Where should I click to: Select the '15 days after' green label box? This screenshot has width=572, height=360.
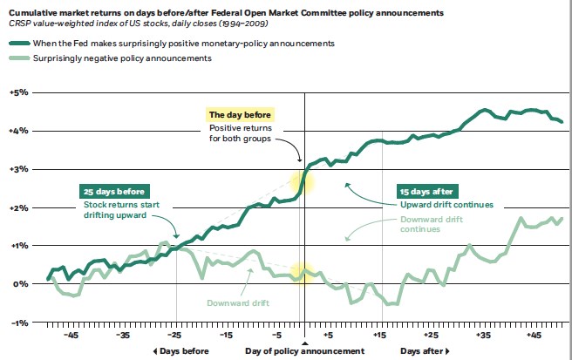click(427, 192)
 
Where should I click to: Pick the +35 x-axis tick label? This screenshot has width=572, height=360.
click(483, 335)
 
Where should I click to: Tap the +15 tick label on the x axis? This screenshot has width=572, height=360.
click(379, 335)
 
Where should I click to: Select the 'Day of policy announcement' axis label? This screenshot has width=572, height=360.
click(304, 350)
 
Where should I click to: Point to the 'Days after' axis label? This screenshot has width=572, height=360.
click(425, 350)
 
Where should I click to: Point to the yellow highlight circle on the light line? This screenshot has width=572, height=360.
click(302, 274)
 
